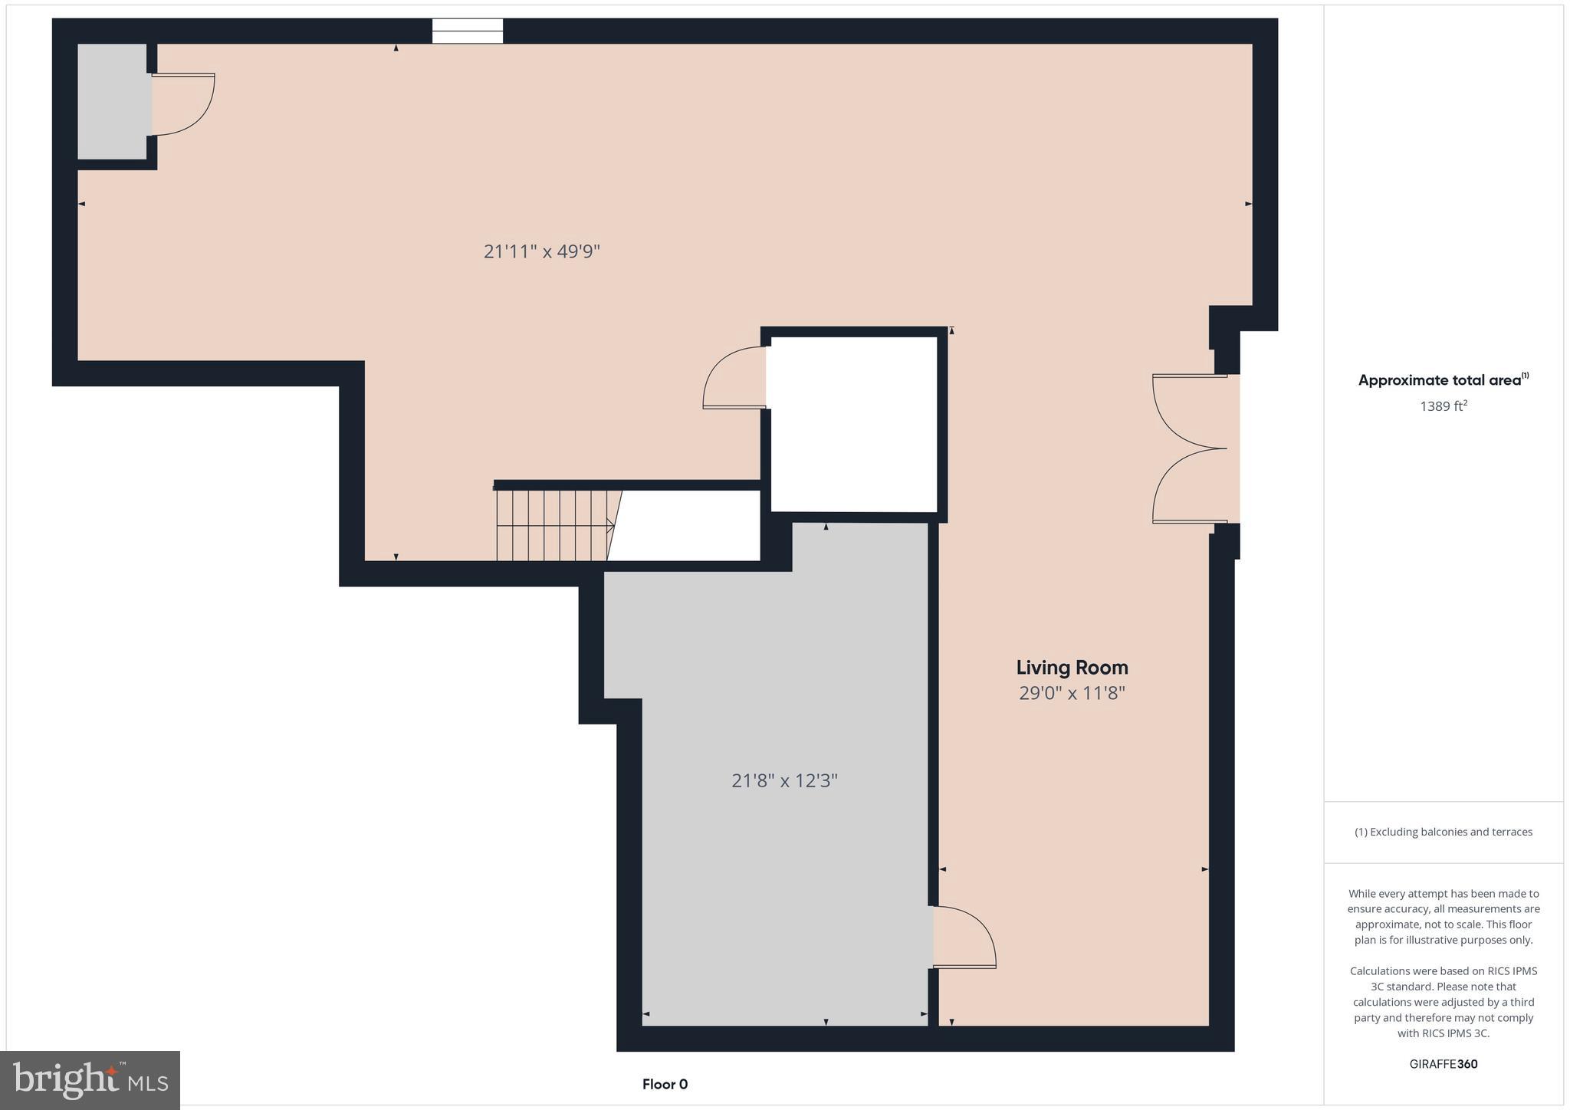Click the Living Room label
(x=1072, y=668)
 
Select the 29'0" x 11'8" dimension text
(x=1072, y=694)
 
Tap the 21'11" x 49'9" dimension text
(x=541, y=251)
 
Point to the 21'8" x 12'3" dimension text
(x=784, y=781)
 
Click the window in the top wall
(x=467, y=31)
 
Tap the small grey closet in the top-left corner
(x=113, y=101)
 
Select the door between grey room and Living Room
(x=965, y=938)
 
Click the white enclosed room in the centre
(x=853, y=424)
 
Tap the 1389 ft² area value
(x=1443, y=406)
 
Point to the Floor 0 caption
(x=665, y=1084)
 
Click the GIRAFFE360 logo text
(x=1443, y=1064)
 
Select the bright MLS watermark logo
(x=90, y=1080)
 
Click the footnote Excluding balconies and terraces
(x=1443, y=832)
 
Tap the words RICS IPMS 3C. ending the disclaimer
(x=1443, y=1033)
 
